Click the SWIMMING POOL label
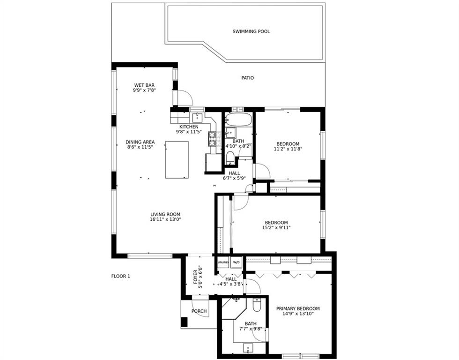251,31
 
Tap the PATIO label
247,78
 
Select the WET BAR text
144,85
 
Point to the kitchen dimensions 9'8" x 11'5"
189,132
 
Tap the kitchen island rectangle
177,160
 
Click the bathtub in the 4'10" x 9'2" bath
238,120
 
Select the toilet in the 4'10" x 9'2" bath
230,157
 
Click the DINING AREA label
140,142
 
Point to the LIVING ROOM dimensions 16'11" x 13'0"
165,219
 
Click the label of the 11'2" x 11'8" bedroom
288,144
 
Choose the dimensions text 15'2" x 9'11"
276,227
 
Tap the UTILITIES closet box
223,262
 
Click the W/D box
236,262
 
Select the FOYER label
196,277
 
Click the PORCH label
199,311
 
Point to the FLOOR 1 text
121,276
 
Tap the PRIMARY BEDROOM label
298,308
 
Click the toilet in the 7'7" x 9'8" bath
257,305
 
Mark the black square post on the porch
184,322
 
